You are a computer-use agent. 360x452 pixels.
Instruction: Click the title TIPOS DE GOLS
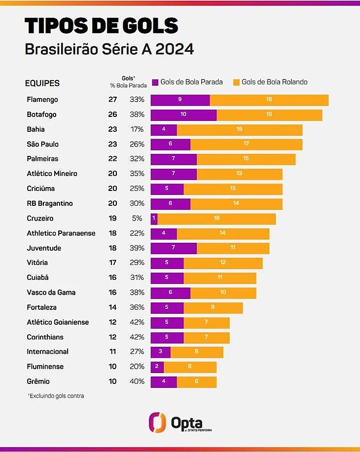pyautogui.click(x=101, y=26)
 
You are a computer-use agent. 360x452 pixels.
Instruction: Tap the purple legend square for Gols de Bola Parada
pyautogui.click(x=155, y=82)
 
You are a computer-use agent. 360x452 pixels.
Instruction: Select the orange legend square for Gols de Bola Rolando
pyautogui.click(x=236, y=82)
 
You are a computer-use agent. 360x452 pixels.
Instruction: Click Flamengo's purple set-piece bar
pyautogui.click(x=180, y=100)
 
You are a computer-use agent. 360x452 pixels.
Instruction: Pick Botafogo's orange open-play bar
pyautogui.click(x=269, y=114)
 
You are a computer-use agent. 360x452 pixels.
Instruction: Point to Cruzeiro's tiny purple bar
pyautogui.click(x=154, y=218)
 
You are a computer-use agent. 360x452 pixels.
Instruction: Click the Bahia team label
pyautogui.click(x=36, y=129)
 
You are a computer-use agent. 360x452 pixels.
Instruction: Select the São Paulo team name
pyautogui.click(x=43, y=144)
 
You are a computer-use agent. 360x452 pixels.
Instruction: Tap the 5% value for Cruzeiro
pyautogui.click(x=137, y=218)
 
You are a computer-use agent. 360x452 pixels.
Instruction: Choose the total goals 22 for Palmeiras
pyautogui.click(x=112, y=159)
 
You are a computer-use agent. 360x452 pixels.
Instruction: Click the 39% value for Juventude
pyautogui.click(x=137, y=248)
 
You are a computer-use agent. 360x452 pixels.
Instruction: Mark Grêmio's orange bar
pyautogui.click(x=197, y=381)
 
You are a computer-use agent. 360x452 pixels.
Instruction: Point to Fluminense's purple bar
pyautogui.click(x=157, y=367)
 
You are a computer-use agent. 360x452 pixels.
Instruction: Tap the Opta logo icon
pyautogui.click(x=157, y=422)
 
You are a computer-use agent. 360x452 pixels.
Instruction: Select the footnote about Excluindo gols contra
pyautogui.click(x=56, y=396)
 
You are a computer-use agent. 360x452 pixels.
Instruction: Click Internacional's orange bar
pyautogui.click(x=197, y=352)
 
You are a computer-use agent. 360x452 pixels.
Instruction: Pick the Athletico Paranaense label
pyautogui.click(x=61, y=233)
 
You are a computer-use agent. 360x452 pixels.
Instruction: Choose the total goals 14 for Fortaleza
pyautogui.click(x=112, y=307)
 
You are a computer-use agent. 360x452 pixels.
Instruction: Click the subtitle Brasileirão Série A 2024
pyautogui.click(x=109, y=50)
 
